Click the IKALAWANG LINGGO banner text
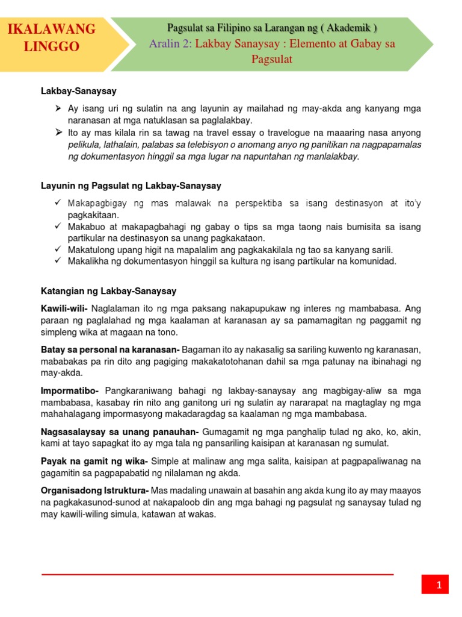click(x=51, y=37)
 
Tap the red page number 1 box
click(x=439, y=584)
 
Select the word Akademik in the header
click(x=350, y=28)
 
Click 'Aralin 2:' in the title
click(x=171, y=44)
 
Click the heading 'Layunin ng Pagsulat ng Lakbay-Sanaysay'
click(x=131, y=186)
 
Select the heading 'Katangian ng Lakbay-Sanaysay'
click(x=108, y=291)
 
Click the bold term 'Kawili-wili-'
click(x=64, y=308)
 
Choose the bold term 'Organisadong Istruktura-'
click(x=95, y=490)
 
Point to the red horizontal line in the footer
click(x=217, y=575)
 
